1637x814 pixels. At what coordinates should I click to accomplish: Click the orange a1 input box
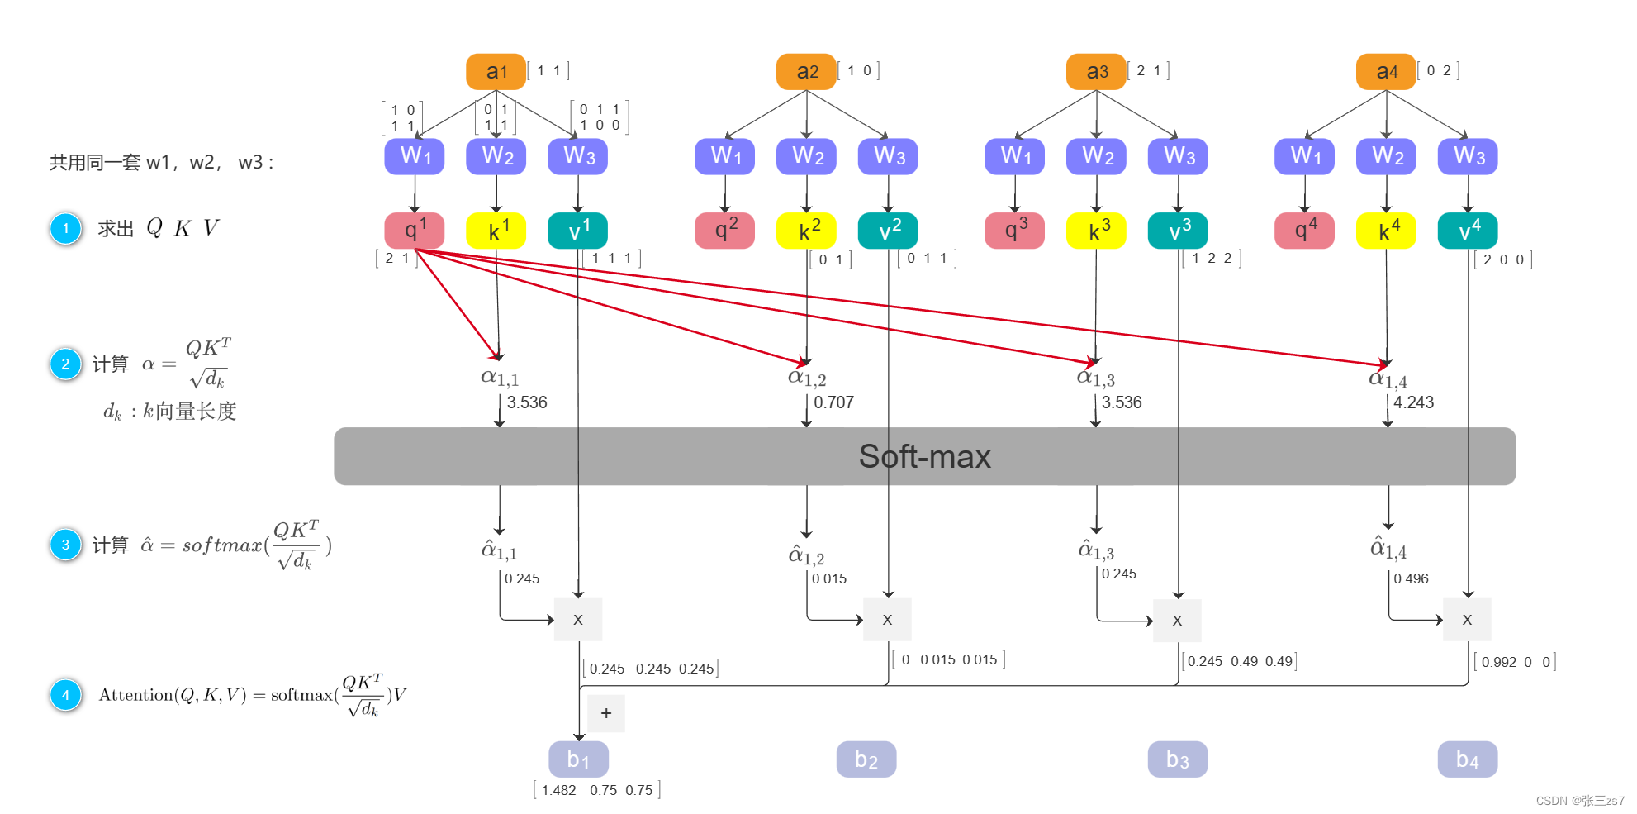pos(496,72)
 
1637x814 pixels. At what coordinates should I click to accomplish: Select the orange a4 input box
pos(1386,72)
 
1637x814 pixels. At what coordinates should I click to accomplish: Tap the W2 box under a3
pos(1097,156)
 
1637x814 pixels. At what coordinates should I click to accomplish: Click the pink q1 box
pos(414,231)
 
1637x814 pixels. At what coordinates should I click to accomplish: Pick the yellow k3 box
pos(1097,231)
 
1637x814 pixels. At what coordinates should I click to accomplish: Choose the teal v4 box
pos(1468,231)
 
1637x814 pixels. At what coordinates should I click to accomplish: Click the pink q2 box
pos(724,231)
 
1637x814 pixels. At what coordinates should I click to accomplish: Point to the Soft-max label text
pos(924,456)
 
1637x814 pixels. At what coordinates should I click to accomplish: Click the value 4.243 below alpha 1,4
pos(1413,402)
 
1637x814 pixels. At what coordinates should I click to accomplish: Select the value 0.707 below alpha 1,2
pos(833,402)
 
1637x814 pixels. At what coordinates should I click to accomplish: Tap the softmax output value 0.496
pos(1411,578)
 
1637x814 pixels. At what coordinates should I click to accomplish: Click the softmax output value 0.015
pos(828,578)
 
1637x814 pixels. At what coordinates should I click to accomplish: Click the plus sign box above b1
pos(606,713)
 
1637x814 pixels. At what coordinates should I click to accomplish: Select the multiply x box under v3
pos(1177,620)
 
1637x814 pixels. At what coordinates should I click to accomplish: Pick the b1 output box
pos(578,759)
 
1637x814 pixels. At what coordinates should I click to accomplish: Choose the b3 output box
pos(1177,759)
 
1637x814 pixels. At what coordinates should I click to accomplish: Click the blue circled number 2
pos(66,364)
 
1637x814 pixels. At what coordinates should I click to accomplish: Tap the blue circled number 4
pos(66,695)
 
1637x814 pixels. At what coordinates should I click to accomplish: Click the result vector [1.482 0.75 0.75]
pos(597,790)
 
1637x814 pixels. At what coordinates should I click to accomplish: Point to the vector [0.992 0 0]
pos(1515,662)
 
